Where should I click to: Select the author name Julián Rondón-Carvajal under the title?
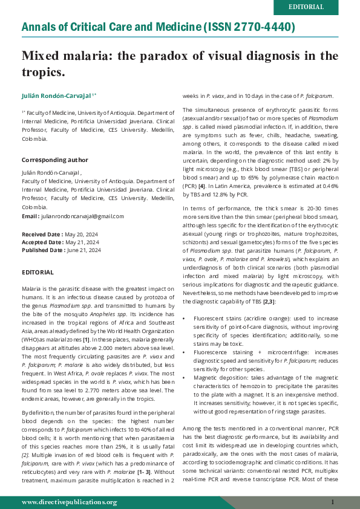(56, 96)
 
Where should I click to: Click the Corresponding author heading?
(55, 160)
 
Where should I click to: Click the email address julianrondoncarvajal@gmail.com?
(82, 216)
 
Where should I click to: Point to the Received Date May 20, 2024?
(60, 233)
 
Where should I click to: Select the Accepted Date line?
(60, 242)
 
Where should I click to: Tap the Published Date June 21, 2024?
(61, 250)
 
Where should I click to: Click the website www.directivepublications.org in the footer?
(70, 502)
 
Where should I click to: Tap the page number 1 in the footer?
(332, 502)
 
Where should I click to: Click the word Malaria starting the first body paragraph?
(31, 289)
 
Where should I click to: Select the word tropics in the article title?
(42, 73)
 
